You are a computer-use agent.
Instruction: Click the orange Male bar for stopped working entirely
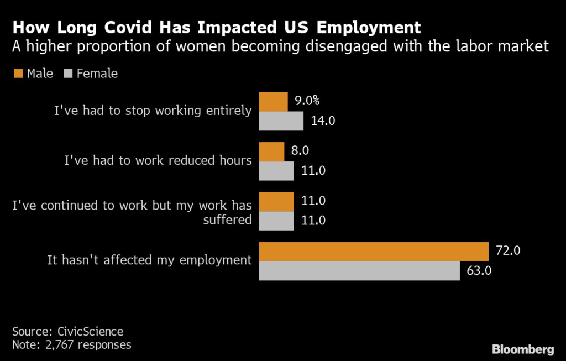pyautogui.click(x=274, y=102)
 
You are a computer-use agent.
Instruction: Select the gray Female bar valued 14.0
pyautogui.click(x=281, y=121)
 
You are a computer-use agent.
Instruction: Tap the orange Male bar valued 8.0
pyautogui.click(x=271, y=151)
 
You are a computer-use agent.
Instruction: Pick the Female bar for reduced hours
pyautogui.click(x=276, y=170)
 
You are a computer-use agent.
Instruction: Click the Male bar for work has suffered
pyautogui.click(x=276, y=201)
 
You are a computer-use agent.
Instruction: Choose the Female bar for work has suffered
pyautogui.click(x=276, y=220)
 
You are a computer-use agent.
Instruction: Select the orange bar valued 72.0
pyautogui.click(x=374, y=251)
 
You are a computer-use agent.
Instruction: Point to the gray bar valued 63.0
pyautogui.click(x=359, y=270)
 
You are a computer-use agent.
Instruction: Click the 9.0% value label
pyautogui.click(x=306, y=101)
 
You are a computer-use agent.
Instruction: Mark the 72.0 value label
pyautogui.click(x=507, y=251)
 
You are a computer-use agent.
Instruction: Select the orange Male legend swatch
pyautogui.click(x=17, y=73)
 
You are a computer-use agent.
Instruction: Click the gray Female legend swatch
pyautogui.click(x=69, y=73)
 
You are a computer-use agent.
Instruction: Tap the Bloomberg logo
pyautogui.click(x=523, y=349)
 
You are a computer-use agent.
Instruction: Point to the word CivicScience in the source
pyautogui.click(x=90, y=332)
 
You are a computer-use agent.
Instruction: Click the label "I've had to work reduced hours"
pyautogui.click(x=158, y=160)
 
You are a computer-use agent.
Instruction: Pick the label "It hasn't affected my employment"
pyautogui.click(x=149, y=260)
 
